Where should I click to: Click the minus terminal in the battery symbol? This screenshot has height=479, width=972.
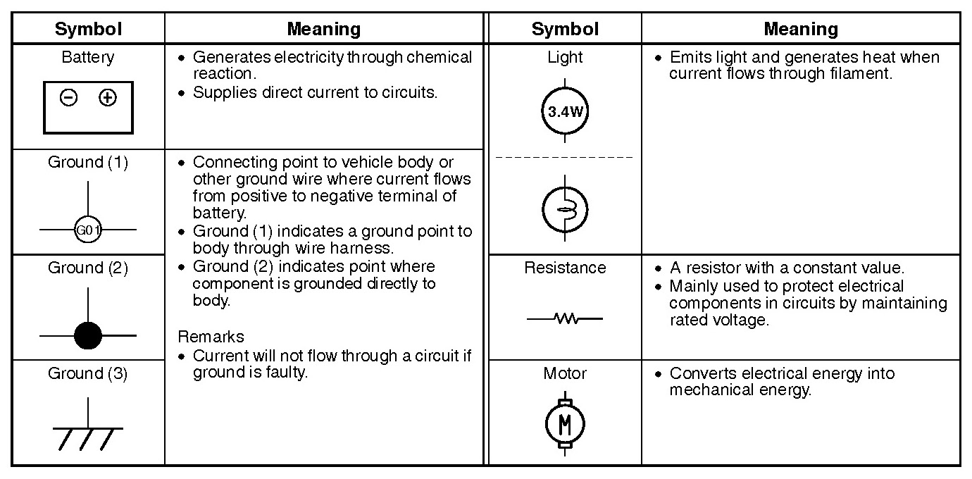point(68,97)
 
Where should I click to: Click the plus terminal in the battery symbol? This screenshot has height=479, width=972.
point(108,97)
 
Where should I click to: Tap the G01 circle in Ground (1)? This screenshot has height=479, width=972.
point(88,230)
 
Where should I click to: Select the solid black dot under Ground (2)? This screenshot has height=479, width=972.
point(88,335)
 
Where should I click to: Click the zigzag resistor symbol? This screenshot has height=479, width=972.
point(565,319)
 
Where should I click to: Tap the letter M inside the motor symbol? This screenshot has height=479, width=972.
point(565,424)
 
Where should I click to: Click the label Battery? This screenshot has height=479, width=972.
point(88,57)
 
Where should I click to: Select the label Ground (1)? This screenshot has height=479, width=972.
point(88,162)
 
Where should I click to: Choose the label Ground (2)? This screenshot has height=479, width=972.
point(88,268)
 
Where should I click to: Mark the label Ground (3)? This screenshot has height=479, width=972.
point(88,373)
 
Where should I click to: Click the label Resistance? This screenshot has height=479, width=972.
point(565,268)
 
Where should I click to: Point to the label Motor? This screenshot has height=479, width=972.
point(565,373)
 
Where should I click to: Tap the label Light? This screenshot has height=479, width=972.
point(565,57)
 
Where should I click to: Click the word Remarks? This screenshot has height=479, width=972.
point(211,337)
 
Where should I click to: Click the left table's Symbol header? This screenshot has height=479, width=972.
point(88,29)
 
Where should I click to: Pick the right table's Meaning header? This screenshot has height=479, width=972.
point(801,29)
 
